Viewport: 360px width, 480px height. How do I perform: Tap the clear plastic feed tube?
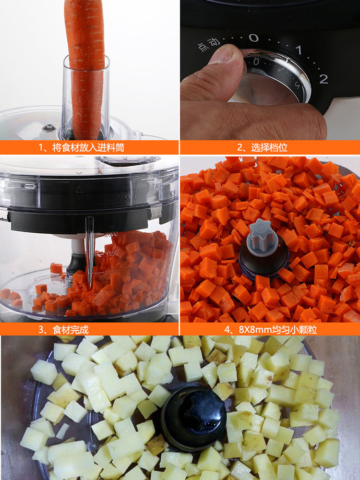click(x=86, y=98)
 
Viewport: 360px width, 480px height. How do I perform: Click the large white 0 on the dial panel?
click(x=253, y=38)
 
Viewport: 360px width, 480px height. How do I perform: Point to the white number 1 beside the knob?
click(x=299, y=50)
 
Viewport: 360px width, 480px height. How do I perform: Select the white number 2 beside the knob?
click(x=323, y=79)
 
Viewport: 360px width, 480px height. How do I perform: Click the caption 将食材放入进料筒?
click(x=88, y=147)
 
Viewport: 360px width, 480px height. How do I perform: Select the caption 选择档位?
click(x=269, y=147)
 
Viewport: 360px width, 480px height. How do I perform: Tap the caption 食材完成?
click(x=71, y=330)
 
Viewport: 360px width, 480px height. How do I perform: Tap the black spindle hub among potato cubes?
click(x=193, y=419)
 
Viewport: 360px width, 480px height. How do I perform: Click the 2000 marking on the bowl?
click(x=111, y=235)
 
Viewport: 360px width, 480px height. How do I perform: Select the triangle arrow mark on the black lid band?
click(x=79, y=190)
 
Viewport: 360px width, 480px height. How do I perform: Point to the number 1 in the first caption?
click(x=41, y=147)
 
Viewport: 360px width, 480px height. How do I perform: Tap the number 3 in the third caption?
click(x=41, y=330)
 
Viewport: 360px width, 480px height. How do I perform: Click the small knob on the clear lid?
click(x=49, y=128)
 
